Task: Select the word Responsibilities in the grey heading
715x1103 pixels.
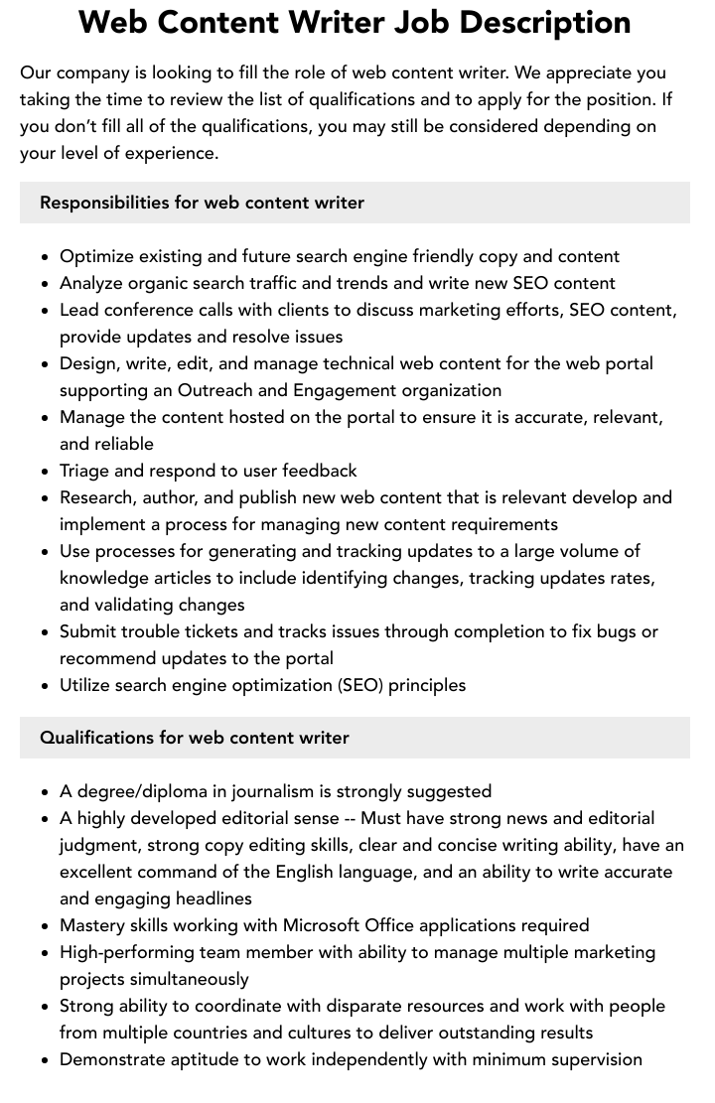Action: [x=104, y=203]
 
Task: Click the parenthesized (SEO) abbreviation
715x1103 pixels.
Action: [x=359, y=685]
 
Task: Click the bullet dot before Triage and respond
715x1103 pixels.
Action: [x=46, y=472]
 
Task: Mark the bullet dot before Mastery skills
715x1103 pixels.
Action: [x=46, y=926]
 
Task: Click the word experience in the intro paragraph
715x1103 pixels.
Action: [x=166, y=153]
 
